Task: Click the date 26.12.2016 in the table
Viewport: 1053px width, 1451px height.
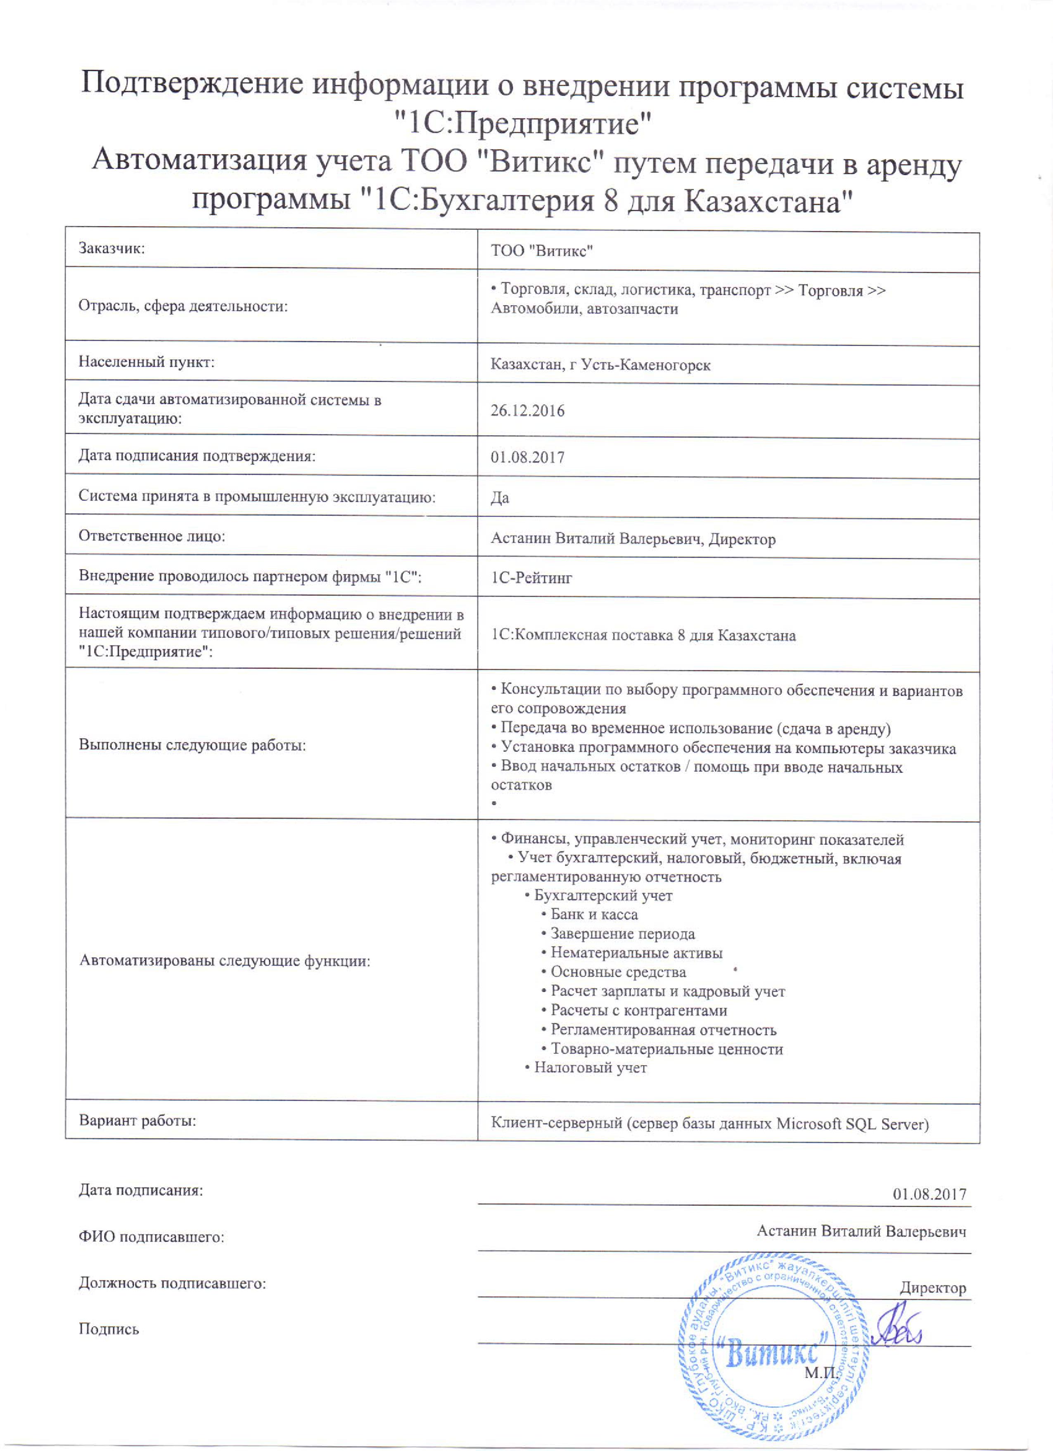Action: (527, 411)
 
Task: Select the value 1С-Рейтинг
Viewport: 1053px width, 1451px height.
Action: (531, 578)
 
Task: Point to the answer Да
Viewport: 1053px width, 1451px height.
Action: (500, 498)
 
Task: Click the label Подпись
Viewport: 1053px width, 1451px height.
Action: (109, 1330)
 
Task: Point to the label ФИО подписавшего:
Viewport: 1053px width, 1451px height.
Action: (152, 1237)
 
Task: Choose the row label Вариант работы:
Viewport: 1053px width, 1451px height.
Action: (138, 1121)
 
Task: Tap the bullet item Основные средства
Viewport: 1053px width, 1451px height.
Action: (618, 972)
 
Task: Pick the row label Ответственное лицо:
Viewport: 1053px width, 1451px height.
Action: (152, 536)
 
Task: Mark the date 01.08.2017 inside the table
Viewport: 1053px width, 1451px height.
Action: (527, 457)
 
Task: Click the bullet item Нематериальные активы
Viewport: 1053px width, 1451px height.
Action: (636, 953)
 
